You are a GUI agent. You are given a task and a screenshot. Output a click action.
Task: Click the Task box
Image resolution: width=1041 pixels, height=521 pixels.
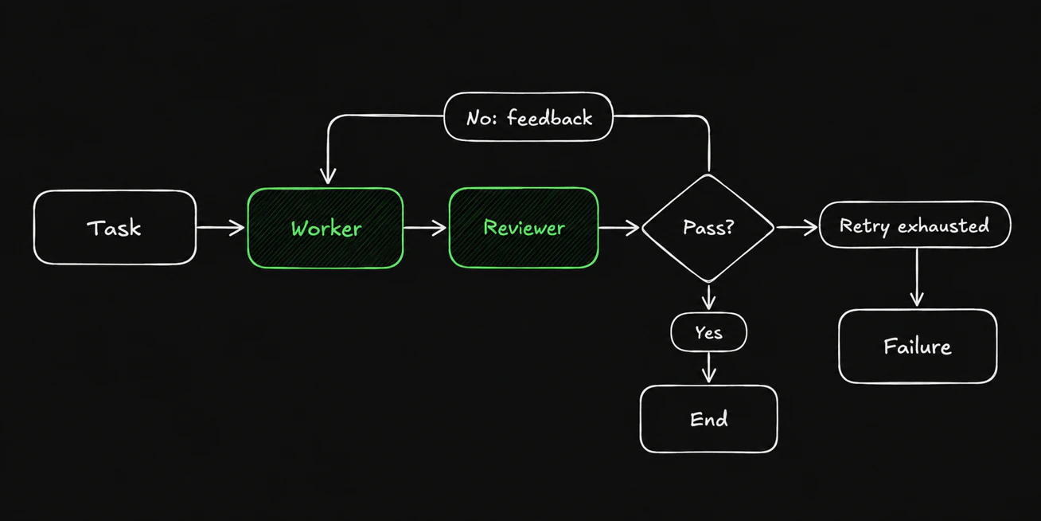pos(115,228)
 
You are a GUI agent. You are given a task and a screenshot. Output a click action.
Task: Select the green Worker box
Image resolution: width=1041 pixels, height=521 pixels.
pos(326,228)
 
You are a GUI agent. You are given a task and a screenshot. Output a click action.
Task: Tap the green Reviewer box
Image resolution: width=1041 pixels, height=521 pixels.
pos(524,228)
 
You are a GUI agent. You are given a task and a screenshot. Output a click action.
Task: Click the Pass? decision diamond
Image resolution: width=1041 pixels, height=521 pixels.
pos(708,228)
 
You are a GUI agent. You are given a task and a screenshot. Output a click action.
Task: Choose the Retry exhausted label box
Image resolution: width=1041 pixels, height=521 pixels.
pos(914,225)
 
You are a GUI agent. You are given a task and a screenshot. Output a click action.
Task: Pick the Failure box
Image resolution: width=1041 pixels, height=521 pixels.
pos(918,347)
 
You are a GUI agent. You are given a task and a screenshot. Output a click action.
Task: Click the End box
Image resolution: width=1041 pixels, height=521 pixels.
pos(708,419)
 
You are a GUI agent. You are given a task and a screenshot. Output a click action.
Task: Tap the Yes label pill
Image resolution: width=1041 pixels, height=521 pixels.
pos(708,332)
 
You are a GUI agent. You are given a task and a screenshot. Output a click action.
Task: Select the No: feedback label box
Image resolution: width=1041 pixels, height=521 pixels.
pos(528,117)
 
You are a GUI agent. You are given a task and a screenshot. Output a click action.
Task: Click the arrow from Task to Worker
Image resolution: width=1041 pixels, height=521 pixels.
pos(220,228)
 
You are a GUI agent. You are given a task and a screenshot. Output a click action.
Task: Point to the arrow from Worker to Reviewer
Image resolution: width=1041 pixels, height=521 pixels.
pos(425,228)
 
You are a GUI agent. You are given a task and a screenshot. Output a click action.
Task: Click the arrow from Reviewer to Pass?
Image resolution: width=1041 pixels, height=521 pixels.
pos(619,228)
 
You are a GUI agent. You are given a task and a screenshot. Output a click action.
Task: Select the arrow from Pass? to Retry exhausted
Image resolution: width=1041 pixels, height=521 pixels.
pos(797,227)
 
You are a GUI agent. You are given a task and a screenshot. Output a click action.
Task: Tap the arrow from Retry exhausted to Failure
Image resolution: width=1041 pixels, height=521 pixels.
pos(917,277)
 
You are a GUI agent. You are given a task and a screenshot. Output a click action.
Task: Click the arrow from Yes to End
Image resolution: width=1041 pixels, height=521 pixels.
pos(708,367)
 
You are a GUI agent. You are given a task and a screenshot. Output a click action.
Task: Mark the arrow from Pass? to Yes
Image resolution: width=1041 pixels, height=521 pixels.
pos(708,297)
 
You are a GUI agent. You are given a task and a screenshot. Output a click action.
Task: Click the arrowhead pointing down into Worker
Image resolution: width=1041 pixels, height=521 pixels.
pos(328,177)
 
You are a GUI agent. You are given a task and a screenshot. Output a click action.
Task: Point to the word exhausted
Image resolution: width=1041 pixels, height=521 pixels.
pos(943,225)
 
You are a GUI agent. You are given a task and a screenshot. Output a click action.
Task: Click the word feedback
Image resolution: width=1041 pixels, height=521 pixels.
pos(550,117)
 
